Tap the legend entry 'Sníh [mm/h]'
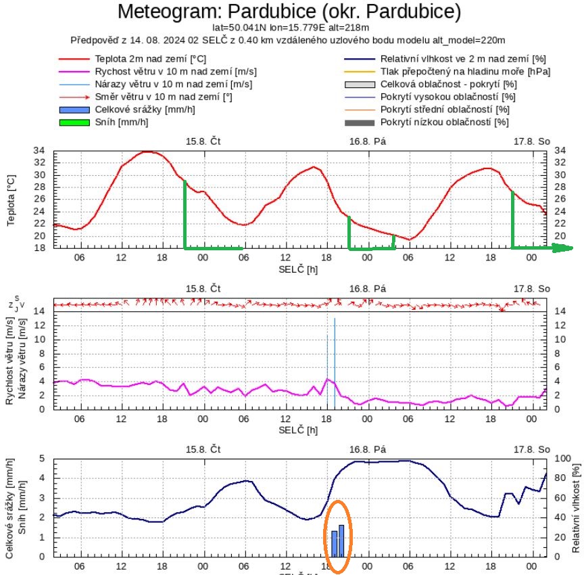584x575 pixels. (122, 122)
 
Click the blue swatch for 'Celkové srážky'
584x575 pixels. (74, 110)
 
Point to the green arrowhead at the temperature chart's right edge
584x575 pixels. (564, 248)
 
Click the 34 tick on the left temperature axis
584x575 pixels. (40, 151)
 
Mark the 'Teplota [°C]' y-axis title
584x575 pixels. (11, 200)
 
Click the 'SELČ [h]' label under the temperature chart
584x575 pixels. (298, 269)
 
